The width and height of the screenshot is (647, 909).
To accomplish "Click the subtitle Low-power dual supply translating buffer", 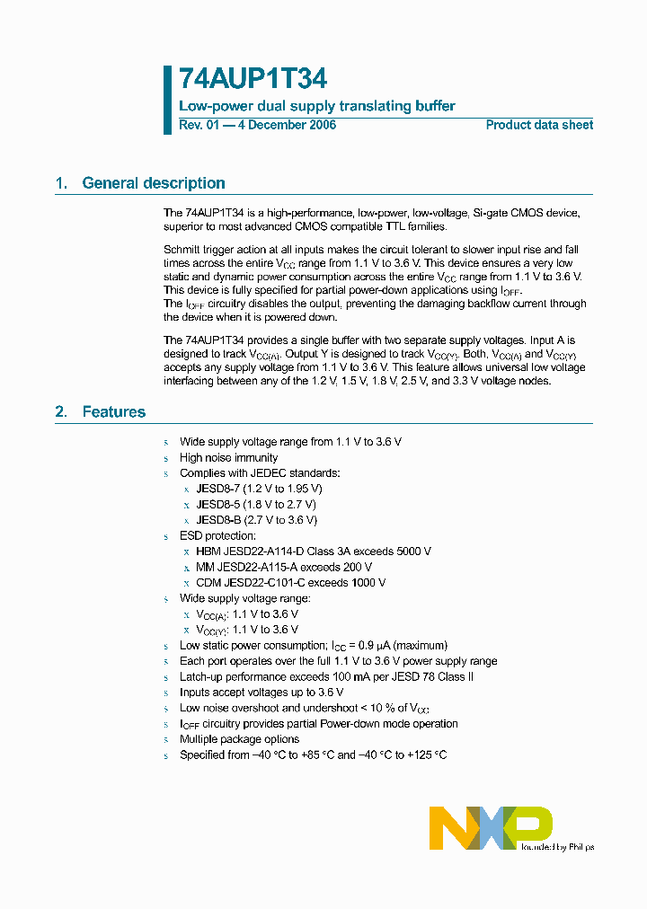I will click(317, 106).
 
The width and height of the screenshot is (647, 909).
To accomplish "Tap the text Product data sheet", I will click(539, 125).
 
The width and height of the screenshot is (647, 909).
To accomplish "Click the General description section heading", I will click(153, 183).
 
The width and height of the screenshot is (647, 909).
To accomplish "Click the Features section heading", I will click(113, 412).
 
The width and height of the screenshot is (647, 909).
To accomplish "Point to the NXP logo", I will click(490, 827).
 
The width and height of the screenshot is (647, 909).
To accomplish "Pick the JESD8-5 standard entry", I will click(256, 504).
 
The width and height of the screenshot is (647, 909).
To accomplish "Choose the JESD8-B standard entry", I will click(256, 520).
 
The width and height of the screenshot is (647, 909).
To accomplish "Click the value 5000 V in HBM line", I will click(413, 552).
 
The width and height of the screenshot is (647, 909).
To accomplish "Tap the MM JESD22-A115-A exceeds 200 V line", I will click(284, 567).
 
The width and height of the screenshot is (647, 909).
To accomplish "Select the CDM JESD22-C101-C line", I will click(291, 583).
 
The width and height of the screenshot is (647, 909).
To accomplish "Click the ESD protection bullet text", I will click(218, 535).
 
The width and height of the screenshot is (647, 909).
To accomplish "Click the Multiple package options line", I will click(239, 739).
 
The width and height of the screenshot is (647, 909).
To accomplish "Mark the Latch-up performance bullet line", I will click(326, 676).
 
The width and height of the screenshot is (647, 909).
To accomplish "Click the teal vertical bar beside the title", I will click(167, 100).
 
